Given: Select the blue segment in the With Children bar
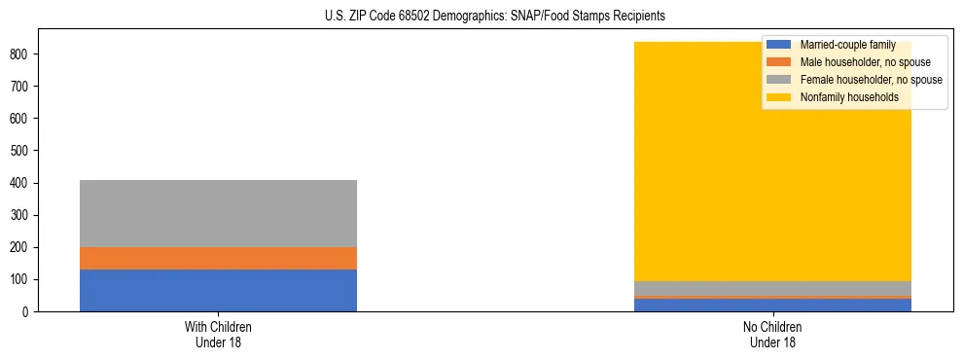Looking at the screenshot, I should pos(218,290).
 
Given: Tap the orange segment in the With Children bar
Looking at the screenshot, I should pos(218,258).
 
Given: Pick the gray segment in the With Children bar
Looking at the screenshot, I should pos(218,213).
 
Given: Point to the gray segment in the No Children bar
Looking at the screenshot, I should pos(773,288).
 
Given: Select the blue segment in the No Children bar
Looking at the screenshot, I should pos(773,305).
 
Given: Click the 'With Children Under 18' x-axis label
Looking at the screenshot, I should pos(218,335).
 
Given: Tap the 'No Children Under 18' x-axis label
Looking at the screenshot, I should pos(773,335).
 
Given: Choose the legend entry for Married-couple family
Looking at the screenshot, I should pos(847,45).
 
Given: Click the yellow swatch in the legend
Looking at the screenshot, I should pos(779,97).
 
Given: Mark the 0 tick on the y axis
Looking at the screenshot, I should pos(28,312).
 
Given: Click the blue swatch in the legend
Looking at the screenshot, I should pos(779,45).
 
